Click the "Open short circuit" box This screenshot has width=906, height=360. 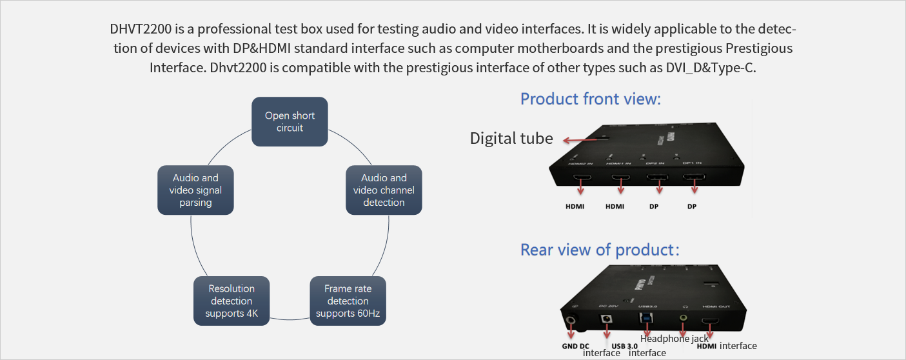coord(290,121)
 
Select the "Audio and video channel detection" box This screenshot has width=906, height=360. coord(384,190)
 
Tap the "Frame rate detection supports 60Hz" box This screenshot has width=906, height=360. coord(348,301)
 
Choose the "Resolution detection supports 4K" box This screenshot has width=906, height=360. coord(231,301)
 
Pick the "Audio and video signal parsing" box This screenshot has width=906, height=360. coord(195,190)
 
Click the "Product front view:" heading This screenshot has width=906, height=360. coord(591,99)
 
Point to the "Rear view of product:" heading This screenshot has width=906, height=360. coord(600,250)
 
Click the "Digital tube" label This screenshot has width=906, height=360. coord(511,138)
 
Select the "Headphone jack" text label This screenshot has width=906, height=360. coord(674,338)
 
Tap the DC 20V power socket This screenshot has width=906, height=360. coord(606,319)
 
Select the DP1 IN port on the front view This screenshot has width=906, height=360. coord(694,177)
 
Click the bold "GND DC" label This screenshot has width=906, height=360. coord(575,346)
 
